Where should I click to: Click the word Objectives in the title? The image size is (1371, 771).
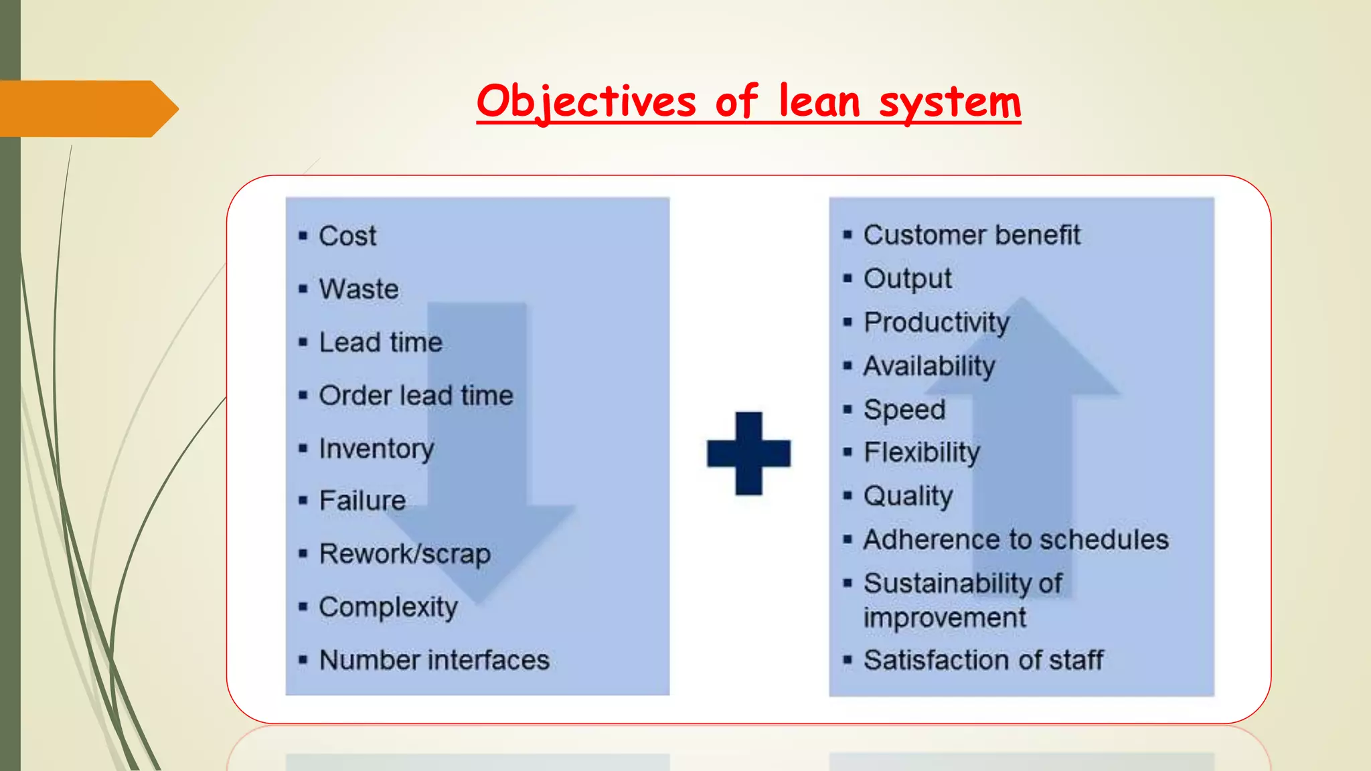(586, 102)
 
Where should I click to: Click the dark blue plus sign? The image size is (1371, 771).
(748, 453)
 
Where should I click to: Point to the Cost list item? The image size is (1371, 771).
(347, 236)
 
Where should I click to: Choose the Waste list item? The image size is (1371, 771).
(359, 289)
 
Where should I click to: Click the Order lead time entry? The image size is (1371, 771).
(416, 396)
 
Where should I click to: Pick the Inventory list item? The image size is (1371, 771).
(376, 448)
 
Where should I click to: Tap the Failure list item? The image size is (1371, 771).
(362, 501)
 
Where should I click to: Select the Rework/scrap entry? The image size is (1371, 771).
(404, 554)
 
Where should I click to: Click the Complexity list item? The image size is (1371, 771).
(388, 607)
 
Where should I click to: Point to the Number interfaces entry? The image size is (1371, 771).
(434, 660)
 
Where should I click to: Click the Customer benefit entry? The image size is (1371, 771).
(971, 235)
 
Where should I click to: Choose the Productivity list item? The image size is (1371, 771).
(936, 323)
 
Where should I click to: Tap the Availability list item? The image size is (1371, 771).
(929, 366)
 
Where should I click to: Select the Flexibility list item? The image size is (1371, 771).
(921, 452)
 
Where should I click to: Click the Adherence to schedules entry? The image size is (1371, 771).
(1016, 539)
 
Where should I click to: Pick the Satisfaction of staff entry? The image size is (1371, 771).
(983, 660)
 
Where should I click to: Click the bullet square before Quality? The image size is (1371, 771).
(848, 496)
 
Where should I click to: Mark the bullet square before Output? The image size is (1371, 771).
(848, 278)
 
